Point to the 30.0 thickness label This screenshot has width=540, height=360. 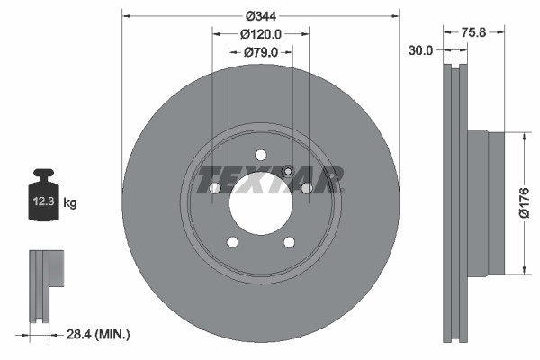click(420, 51)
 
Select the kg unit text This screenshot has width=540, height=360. click(70, 203)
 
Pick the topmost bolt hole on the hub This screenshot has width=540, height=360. click(260, 154)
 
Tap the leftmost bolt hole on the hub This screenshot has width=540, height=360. click(214, 187)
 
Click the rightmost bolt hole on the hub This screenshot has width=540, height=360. click(307, 187)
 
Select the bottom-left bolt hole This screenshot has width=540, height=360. click(232, 242)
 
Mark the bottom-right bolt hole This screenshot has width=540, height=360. click(289, 242)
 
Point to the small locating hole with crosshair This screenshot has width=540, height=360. click(287, 173)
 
